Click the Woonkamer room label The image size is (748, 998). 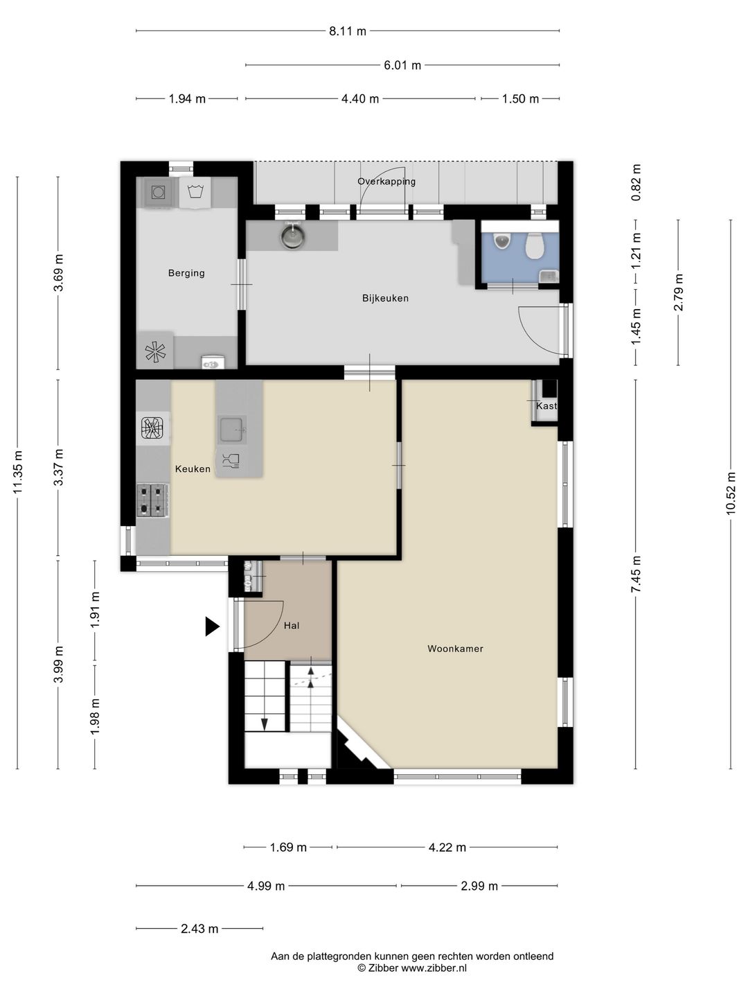coord(455,649)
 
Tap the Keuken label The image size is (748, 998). coord(193,469)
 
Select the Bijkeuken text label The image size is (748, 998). coord(385,298)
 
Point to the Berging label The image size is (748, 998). coord(186,273)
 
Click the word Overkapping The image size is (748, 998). coord(386,182)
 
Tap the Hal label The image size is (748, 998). coord(292,626)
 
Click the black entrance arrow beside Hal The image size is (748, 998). coord(212,626)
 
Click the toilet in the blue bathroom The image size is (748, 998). coord(534,246)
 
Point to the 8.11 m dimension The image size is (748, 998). coord(348,31)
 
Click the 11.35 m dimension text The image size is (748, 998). coord(18,473)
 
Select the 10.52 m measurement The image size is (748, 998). coord(731,493)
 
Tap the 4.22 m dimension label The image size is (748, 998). coord(447,847)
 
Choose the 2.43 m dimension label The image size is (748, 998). coord(200,929)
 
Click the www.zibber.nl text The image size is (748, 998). coord(434,968)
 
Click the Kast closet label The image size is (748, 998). coord(546,405)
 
